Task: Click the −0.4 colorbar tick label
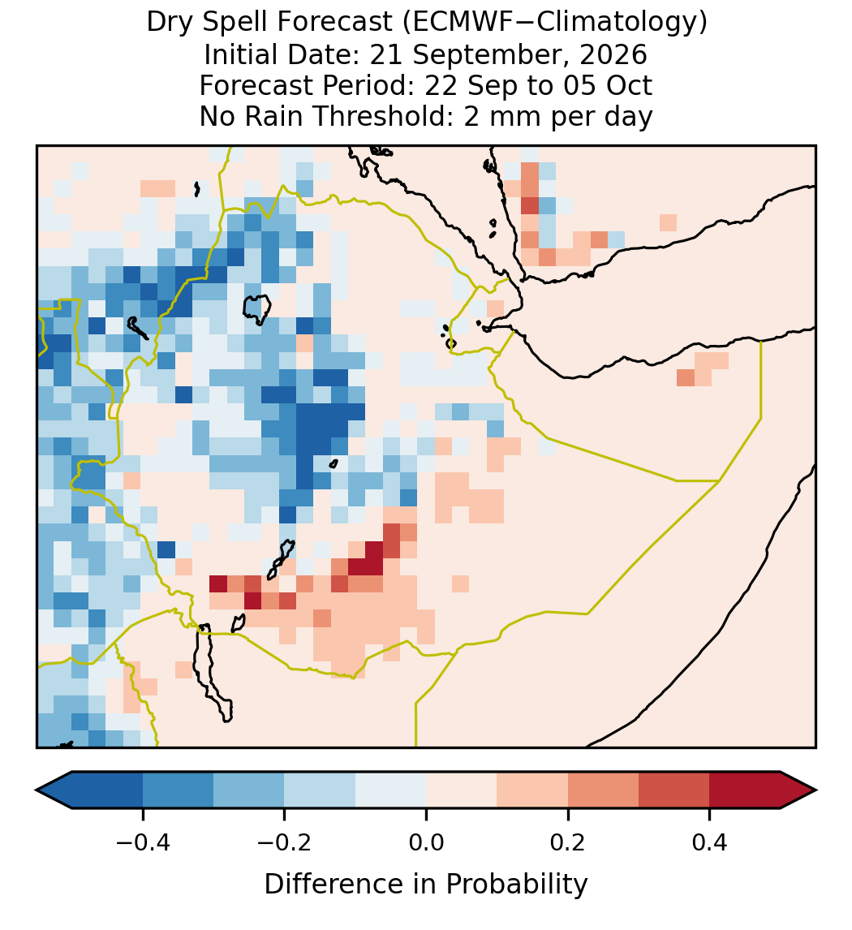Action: (x=143, y=842)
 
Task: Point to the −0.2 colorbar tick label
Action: (x=285, y=842)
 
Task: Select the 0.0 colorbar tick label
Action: (x=426, y=842)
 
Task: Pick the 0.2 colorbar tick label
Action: (x=568, y=842)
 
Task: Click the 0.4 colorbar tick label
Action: (x=709, y=842)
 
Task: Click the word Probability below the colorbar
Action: (x=516, y=885)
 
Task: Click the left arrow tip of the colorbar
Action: (x=37, y=790)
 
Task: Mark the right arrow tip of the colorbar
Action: (x=815, y=790)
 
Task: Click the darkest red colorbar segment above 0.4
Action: (x=745, y=790)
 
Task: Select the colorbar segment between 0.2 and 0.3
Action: (x=603, y=790)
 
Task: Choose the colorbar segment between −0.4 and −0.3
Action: (x=178, y=790)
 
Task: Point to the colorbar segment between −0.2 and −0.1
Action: (x=320, y=790)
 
